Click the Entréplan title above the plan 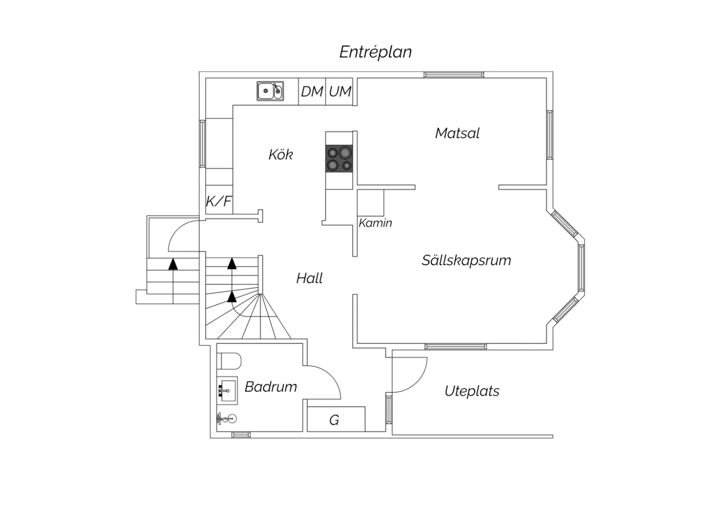tap(375, 52)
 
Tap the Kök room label tap(280, 155)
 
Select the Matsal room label tap(457, 133)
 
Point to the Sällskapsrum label tap(466, 260)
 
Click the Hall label tap(309, 278)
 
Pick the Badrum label tap(271, 387)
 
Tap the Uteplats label tap(472, 391)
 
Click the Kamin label tap(375, 223)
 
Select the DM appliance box tap(312, 91)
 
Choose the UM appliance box tap(340, 91)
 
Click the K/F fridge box tap(219, 201)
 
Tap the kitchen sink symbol tap(270, 91)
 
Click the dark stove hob tap(339, 158)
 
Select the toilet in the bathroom tap(228, 361)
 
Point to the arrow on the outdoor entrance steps tap(173, 263)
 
